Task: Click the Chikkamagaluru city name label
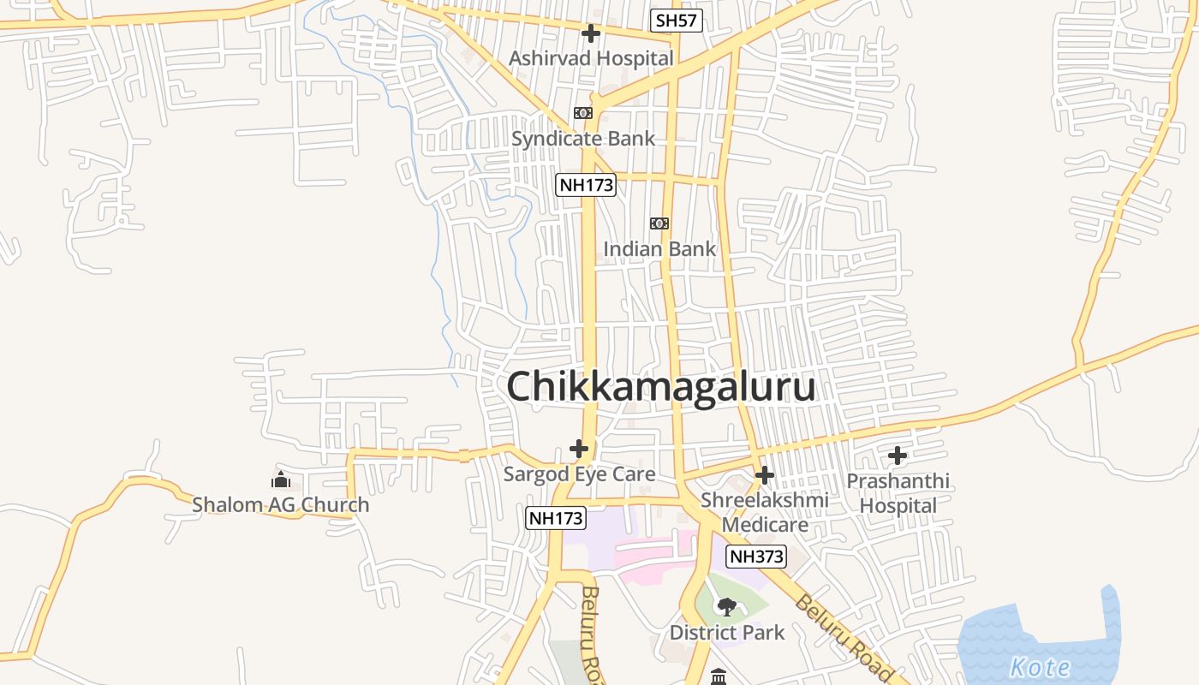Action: pyautogui.click(x=660, y=387)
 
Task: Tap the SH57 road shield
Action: pyautogui.click(x=676, y=21)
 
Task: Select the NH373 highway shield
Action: pyautogui.click(x=756, y=557)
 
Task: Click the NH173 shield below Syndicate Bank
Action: pyautogui.click(x=586, y=184)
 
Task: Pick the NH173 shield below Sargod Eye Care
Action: pyautogui.click(x=555, y=517)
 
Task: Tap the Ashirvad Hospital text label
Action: pyautogui.click(x=591, y=58)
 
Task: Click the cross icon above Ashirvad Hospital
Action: pyautogui.click(x=590, y=34)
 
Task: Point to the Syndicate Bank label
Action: pyautogui.click(x=583, y=139)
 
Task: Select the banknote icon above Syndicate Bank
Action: pyautogui.click(x=583, y=113)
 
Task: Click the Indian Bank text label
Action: pyautogui.click(x=659, y=249)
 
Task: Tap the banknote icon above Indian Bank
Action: pyautogui.click(x=659, y=223)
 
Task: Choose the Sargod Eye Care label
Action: pyautogui.click(x=579, y=474)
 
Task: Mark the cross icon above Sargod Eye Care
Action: pyautogui.click(x=579, y=448)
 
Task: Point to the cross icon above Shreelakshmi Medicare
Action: pyautogui.click(x=765, y=474)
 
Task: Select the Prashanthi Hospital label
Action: pyautogui.click(x=898, y=493)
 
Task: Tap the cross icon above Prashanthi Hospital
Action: pyautogui.click(x=898, y=456)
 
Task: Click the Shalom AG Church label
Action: pyautogui.click(x=281, y=504)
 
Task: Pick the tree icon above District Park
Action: pyautogui.click(x=727, y=607)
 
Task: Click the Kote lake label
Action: pyautogui.click(x=1040, y=667)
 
